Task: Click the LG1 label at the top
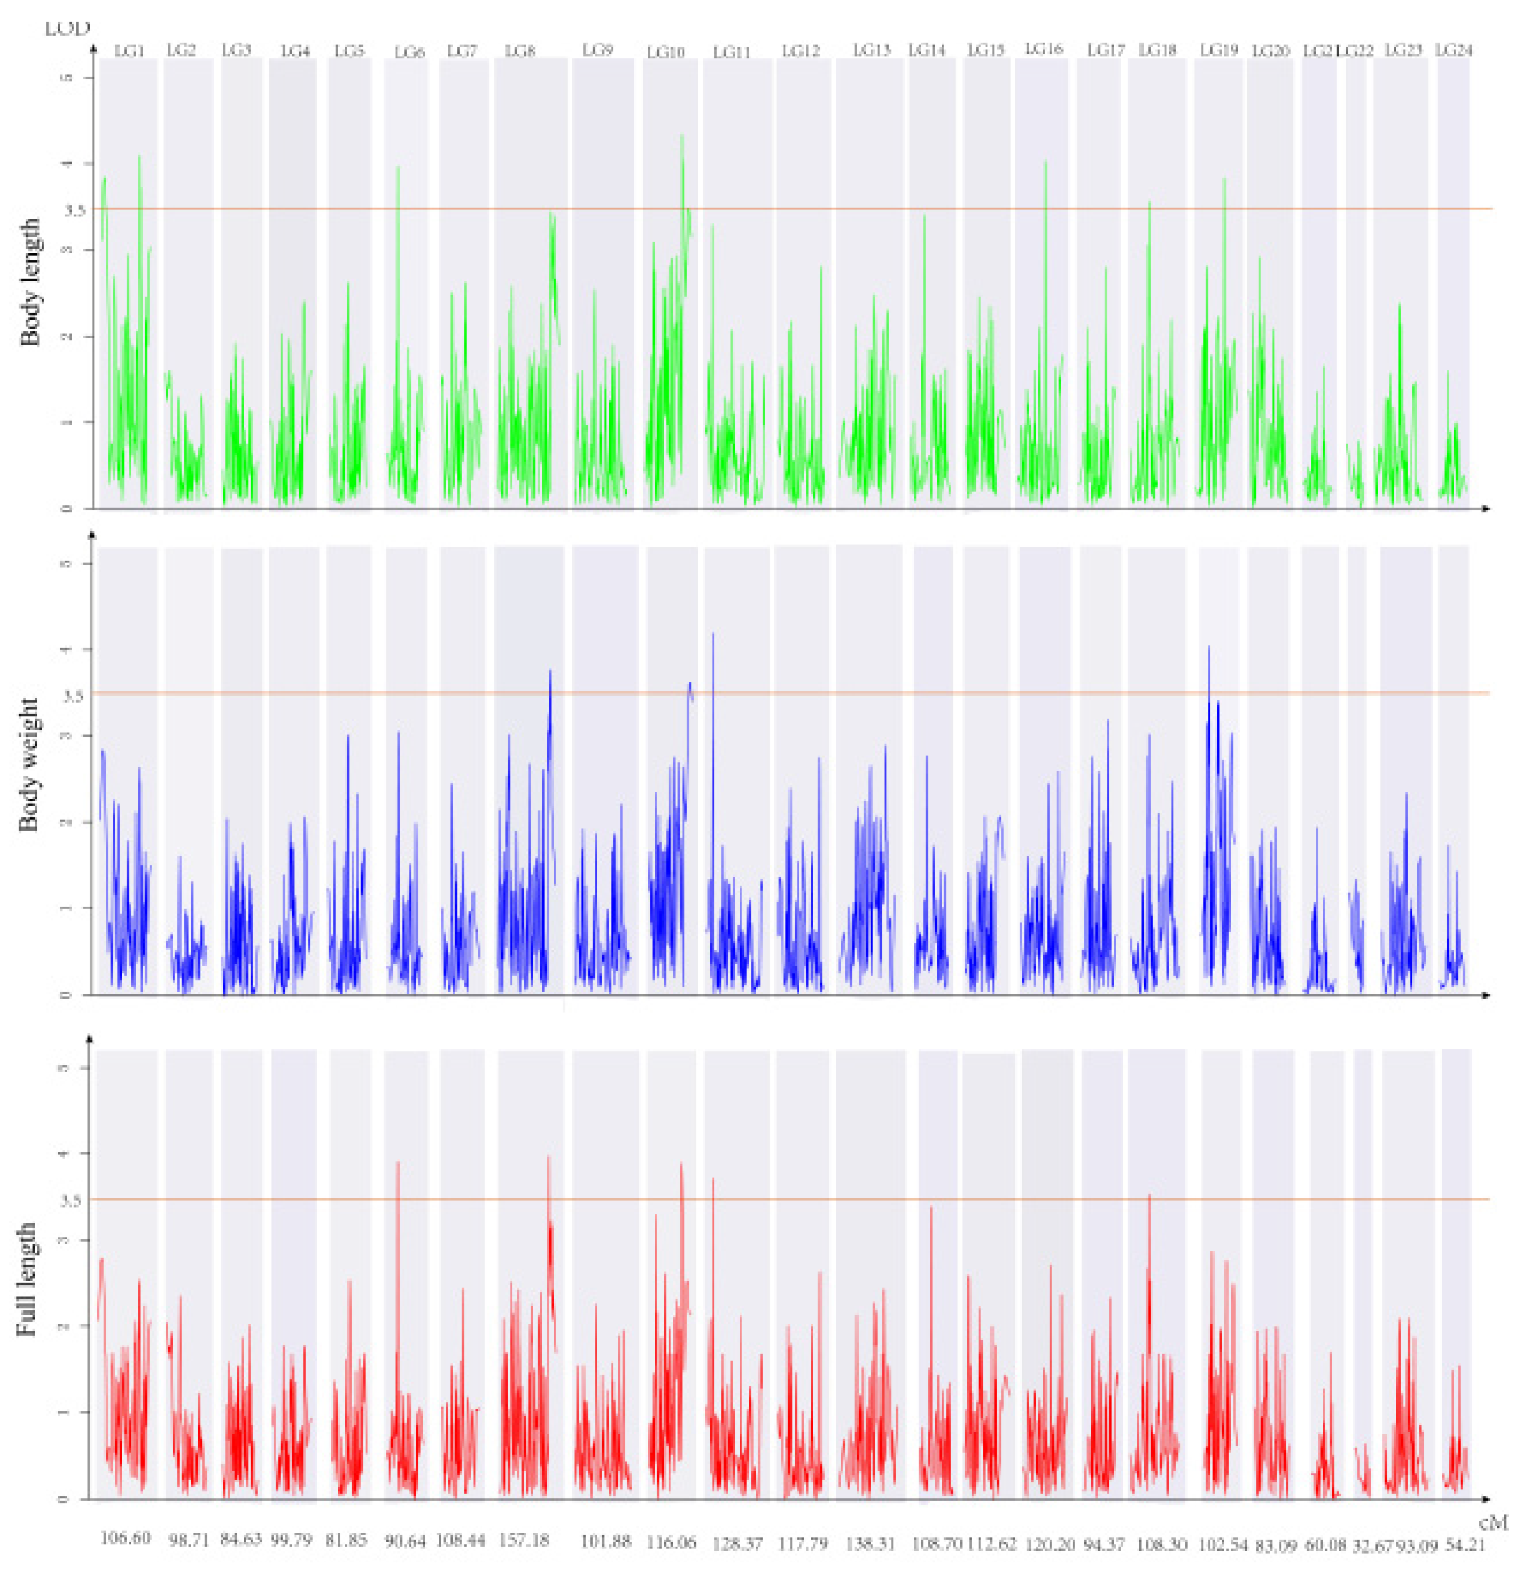[129, 50]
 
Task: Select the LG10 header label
[666, 53]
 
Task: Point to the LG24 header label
[1454, 50]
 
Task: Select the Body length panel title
[30, 281]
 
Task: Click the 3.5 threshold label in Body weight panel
[73, 696]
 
